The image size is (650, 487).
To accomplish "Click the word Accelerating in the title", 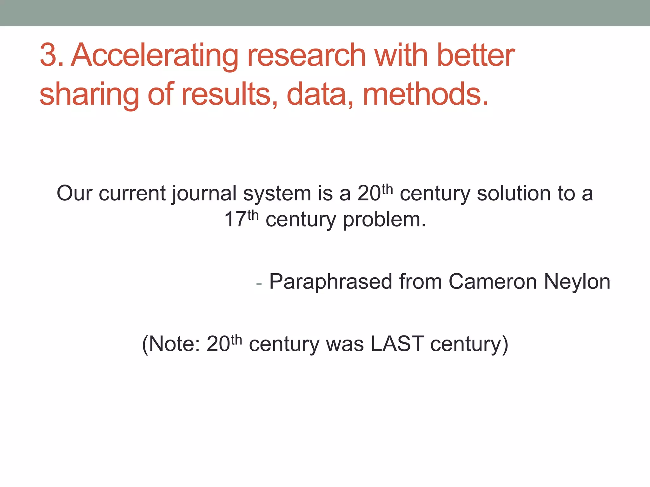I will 155,56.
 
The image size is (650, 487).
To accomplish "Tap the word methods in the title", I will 425,94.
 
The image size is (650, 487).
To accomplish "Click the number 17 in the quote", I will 235,219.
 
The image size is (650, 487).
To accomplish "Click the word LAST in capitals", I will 397,344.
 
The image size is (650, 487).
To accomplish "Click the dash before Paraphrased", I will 259,283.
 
